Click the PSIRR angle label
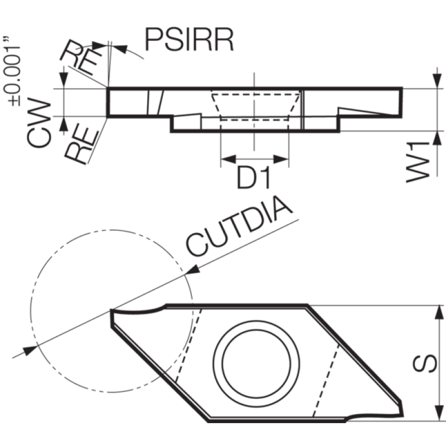tap(189, 40)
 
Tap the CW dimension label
tap(38, 123)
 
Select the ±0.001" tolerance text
tap(12, 71)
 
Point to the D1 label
tap(253, 178)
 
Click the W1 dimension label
tap(418, 162)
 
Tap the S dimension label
tap(425, 363)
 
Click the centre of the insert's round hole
tap(256, 364)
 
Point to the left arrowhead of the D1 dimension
tap(229, 159)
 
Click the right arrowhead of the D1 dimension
tap(281, 159)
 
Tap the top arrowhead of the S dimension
tap(439, 313)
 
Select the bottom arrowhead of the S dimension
tap(439, 413)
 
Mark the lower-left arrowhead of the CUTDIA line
tap(30, 350)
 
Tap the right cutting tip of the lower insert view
tap(402, 415)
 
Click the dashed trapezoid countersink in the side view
tap(255, 106)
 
